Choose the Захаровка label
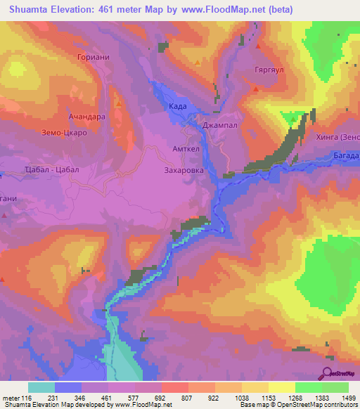[183, 169]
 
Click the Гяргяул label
[267, 71]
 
